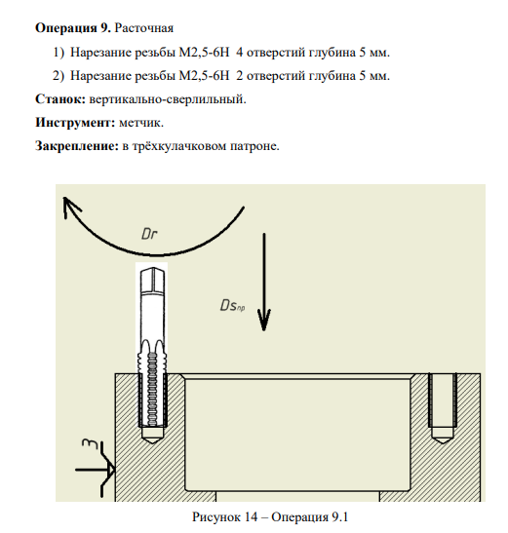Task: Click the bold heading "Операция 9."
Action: tap(73, 28)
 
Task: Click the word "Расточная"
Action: tap(144, 28)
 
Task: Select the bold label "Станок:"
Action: tap(60, 99)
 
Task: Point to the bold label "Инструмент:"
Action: tap(75, 123)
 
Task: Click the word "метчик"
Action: tap(139, 123)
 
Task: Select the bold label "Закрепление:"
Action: tap(77, 146)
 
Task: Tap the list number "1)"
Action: tap(59, 53)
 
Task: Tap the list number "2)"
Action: tap(59, 75)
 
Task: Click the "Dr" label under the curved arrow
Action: tap(149, 234)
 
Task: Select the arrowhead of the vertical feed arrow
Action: tap(263, 320)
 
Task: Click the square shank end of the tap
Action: tap(153, 281)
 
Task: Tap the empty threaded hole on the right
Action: tap(443, 408)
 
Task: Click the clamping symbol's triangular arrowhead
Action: tap(111, 470)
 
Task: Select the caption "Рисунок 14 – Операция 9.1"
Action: tap(270, 517)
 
